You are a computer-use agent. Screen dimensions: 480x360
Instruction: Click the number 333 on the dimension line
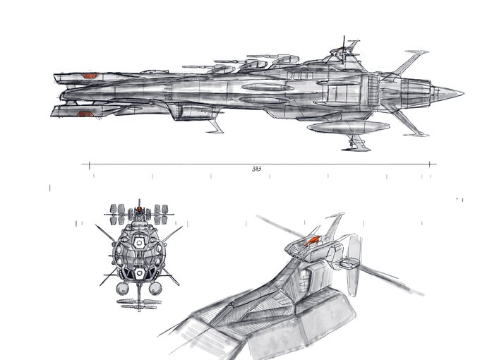[x=256, y=169]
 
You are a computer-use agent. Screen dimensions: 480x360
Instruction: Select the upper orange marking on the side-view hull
[x=89, y=75]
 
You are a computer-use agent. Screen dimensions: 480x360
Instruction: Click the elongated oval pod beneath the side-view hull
[x=349, y=126]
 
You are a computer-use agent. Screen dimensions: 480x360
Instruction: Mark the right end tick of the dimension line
[x=431, y=164]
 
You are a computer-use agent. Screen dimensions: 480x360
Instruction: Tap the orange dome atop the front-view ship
[x=140, y=210]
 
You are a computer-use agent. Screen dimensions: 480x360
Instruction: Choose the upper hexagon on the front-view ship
[x=140, y=241]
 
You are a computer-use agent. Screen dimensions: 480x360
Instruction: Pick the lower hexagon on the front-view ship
[x=140, y=272]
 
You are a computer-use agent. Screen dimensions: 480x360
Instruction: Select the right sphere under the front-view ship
[x=156, y=288]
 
